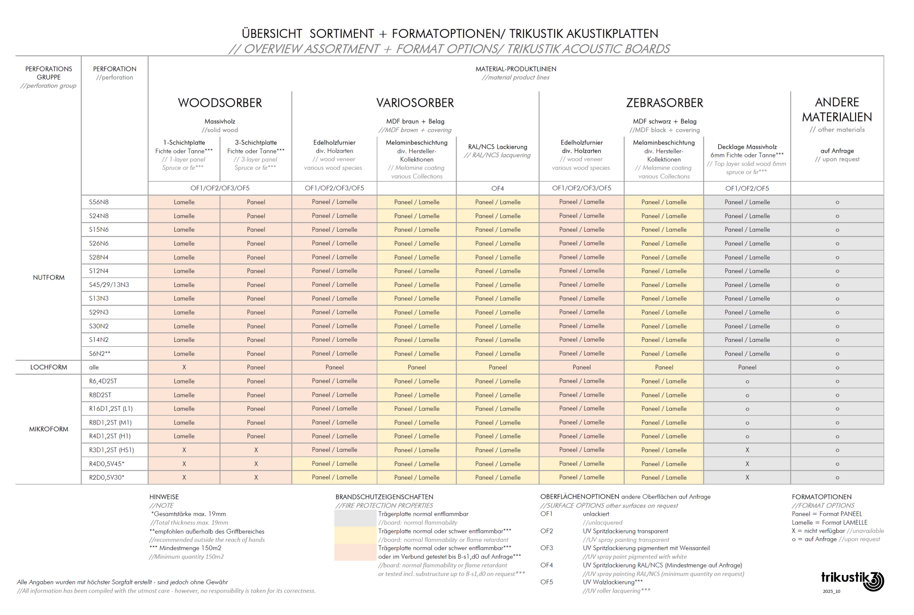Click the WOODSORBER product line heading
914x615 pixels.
(220, 103)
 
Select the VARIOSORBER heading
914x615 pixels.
(415, 103)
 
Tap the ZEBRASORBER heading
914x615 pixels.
(664, 103)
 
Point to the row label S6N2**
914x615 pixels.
(100, 353)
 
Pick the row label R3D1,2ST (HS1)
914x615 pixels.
(111, 450)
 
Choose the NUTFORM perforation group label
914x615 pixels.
(49, 277)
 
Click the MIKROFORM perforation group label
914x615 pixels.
(49, 429)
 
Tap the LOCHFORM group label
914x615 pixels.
(49, 367)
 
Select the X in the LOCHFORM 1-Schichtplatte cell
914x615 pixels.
(184, 368)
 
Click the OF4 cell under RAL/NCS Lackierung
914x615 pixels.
(497, 188)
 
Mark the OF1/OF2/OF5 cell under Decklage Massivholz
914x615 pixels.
(747, 188)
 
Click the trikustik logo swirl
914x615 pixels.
(874, 581)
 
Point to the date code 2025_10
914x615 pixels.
(832, 591)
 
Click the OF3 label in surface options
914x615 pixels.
(547, 548)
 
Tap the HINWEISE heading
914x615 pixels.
(164, 497)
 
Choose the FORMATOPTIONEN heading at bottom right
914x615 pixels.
(822, 497)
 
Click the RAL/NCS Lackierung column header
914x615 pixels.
(497, 147)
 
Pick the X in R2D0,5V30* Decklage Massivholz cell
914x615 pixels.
(747, 477)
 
